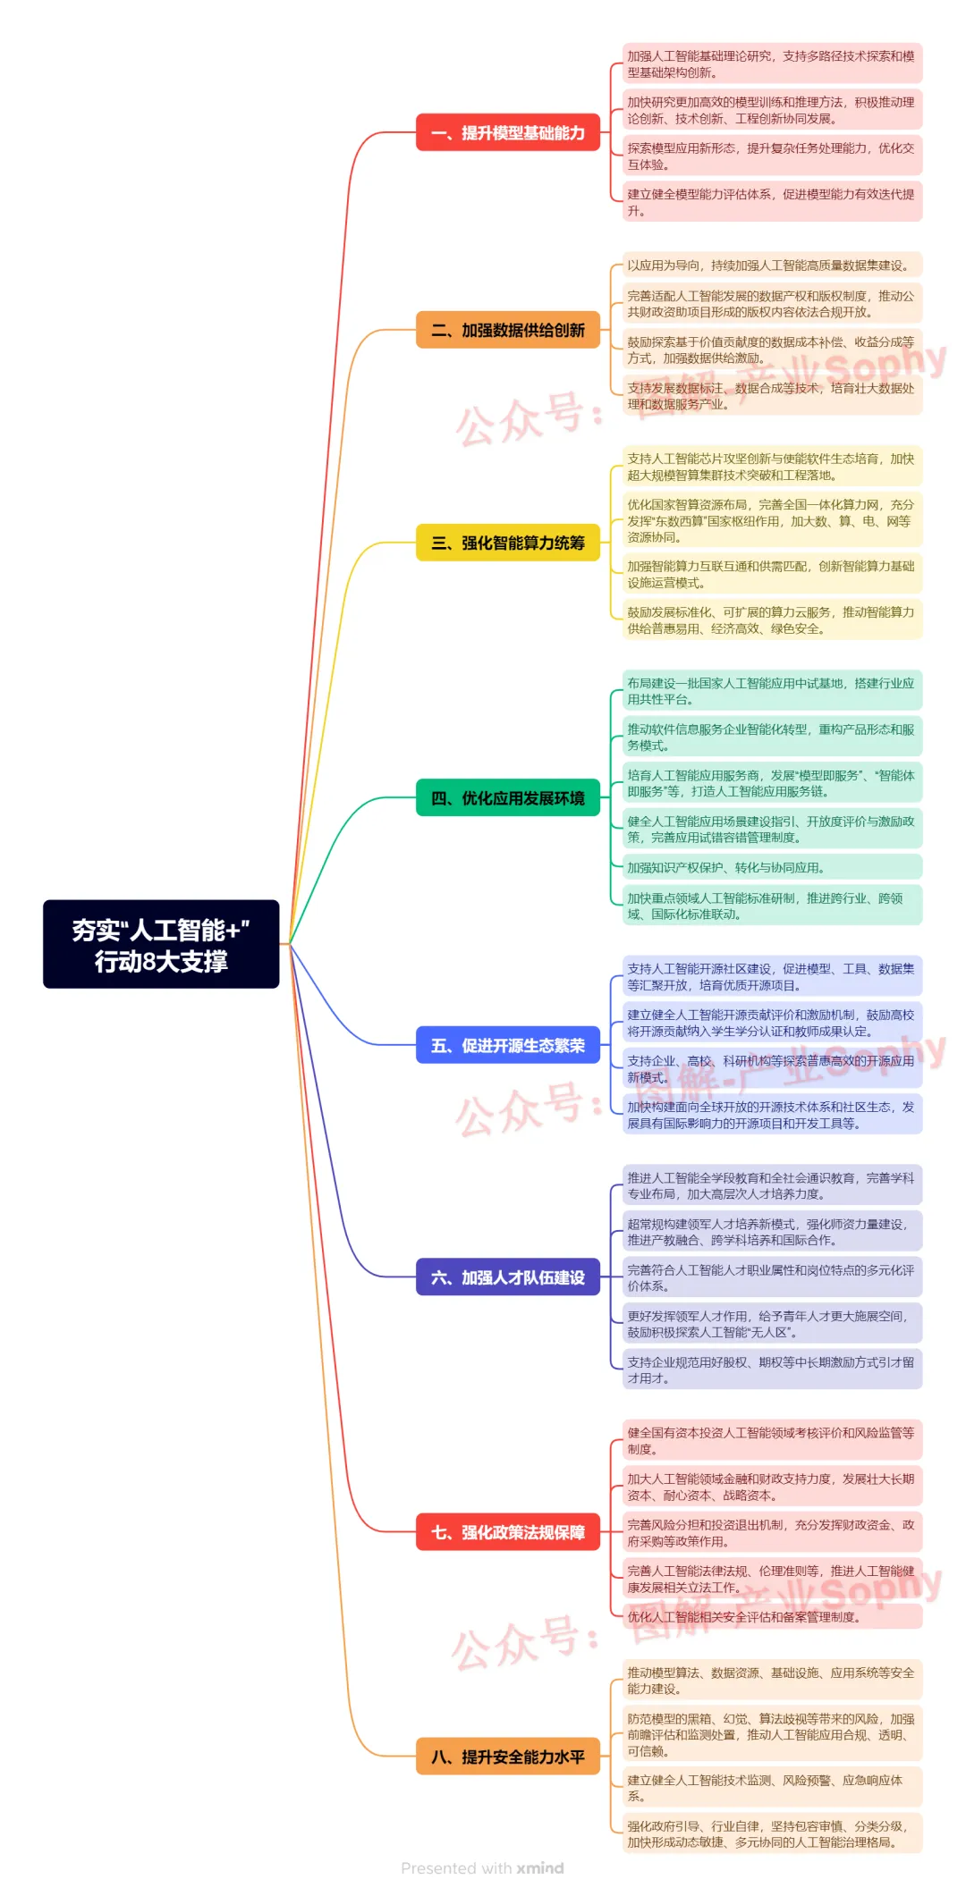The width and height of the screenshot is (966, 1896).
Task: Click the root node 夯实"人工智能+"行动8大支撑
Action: pos(161,944)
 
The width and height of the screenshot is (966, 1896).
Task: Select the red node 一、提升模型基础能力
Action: pos(507,133)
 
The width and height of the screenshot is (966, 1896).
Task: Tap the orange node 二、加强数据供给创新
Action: pos(507,330)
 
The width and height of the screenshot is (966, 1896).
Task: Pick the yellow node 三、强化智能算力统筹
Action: pos(507,543)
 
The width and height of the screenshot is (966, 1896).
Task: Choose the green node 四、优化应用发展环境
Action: pos(507,798)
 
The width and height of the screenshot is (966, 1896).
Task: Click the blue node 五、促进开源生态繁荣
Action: pos(507,1045)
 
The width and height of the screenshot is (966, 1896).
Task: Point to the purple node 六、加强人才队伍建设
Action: pos(507,1277)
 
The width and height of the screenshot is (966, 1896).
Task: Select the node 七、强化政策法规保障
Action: pos(507,1532)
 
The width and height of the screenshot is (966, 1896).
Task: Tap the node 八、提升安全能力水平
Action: pos(507,1757)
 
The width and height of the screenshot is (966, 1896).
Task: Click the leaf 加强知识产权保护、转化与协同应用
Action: pos(771,867)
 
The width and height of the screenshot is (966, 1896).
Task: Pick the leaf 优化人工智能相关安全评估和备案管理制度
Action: pos(771,1616)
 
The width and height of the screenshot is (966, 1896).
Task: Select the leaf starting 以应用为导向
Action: pos(771,265)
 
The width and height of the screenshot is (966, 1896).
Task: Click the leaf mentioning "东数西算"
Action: pos(771,520)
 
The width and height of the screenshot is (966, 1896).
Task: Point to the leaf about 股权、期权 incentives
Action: pos(771,1369)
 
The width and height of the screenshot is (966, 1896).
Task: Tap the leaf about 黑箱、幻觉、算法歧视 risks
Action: pos(771,1734)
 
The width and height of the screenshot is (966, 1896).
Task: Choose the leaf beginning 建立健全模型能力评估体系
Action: pos(771,202)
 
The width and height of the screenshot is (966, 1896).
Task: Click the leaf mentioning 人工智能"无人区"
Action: pos(771,1324)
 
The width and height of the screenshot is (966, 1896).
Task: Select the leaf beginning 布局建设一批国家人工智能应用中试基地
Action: pos(771,691)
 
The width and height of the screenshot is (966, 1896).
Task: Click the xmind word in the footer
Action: pos(540,1868)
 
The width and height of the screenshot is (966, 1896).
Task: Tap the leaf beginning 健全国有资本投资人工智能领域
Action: pos(771,1440)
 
